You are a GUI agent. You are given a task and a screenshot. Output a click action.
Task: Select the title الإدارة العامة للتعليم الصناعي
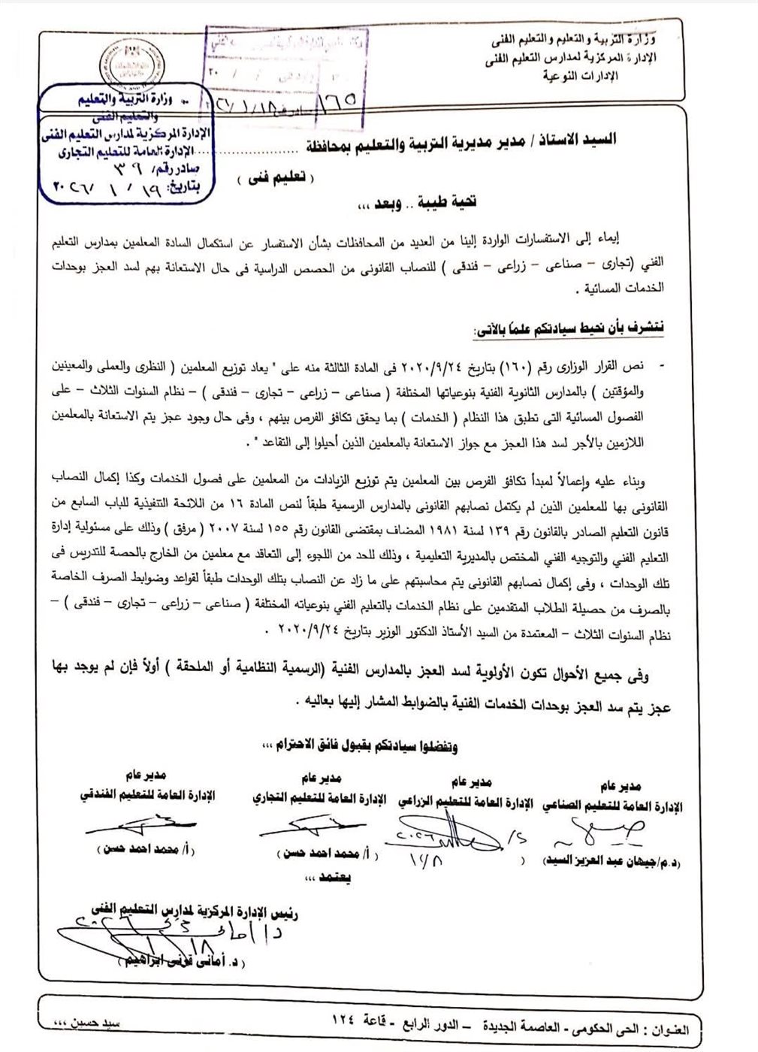pyautogui.click(x=607, y=806)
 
